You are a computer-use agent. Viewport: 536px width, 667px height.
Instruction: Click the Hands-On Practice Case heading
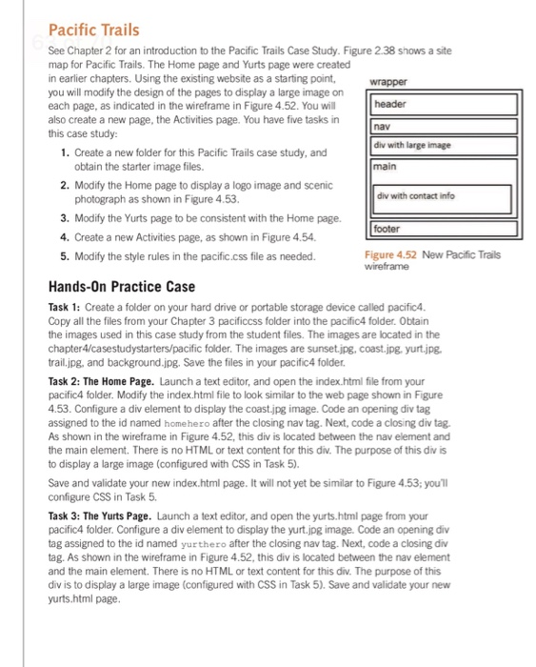coord(122,286)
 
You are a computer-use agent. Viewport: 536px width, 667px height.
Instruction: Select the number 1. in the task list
coord(63,152)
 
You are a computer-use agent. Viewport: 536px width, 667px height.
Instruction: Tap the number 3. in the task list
coord(63,218)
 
